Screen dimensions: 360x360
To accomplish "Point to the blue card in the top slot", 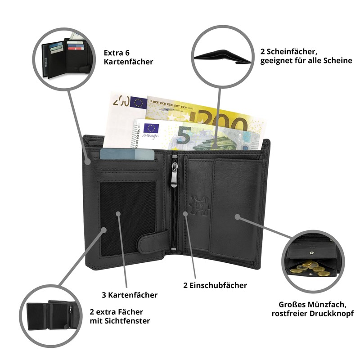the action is (x=127, y=154).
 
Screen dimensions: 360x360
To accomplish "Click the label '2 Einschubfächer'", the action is (x=215, y=285).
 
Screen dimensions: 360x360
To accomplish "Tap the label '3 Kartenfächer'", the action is (x=130, y=295).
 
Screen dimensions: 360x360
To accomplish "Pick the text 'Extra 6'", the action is (x=117, y=53).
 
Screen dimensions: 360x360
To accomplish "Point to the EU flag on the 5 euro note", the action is (x=151, y=128).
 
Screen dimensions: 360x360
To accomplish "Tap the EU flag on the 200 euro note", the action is (x=139, y=102).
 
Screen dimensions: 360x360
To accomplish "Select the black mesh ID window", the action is (x=128, y=218).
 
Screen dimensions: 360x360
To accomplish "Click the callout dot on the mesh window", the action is (x=118, y=214).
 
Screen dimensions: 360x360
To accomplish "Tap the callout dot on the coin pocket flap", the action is (x=238, y=217).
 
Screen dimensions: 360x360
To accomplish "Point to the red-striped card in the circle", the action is (x=76, y=49).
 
